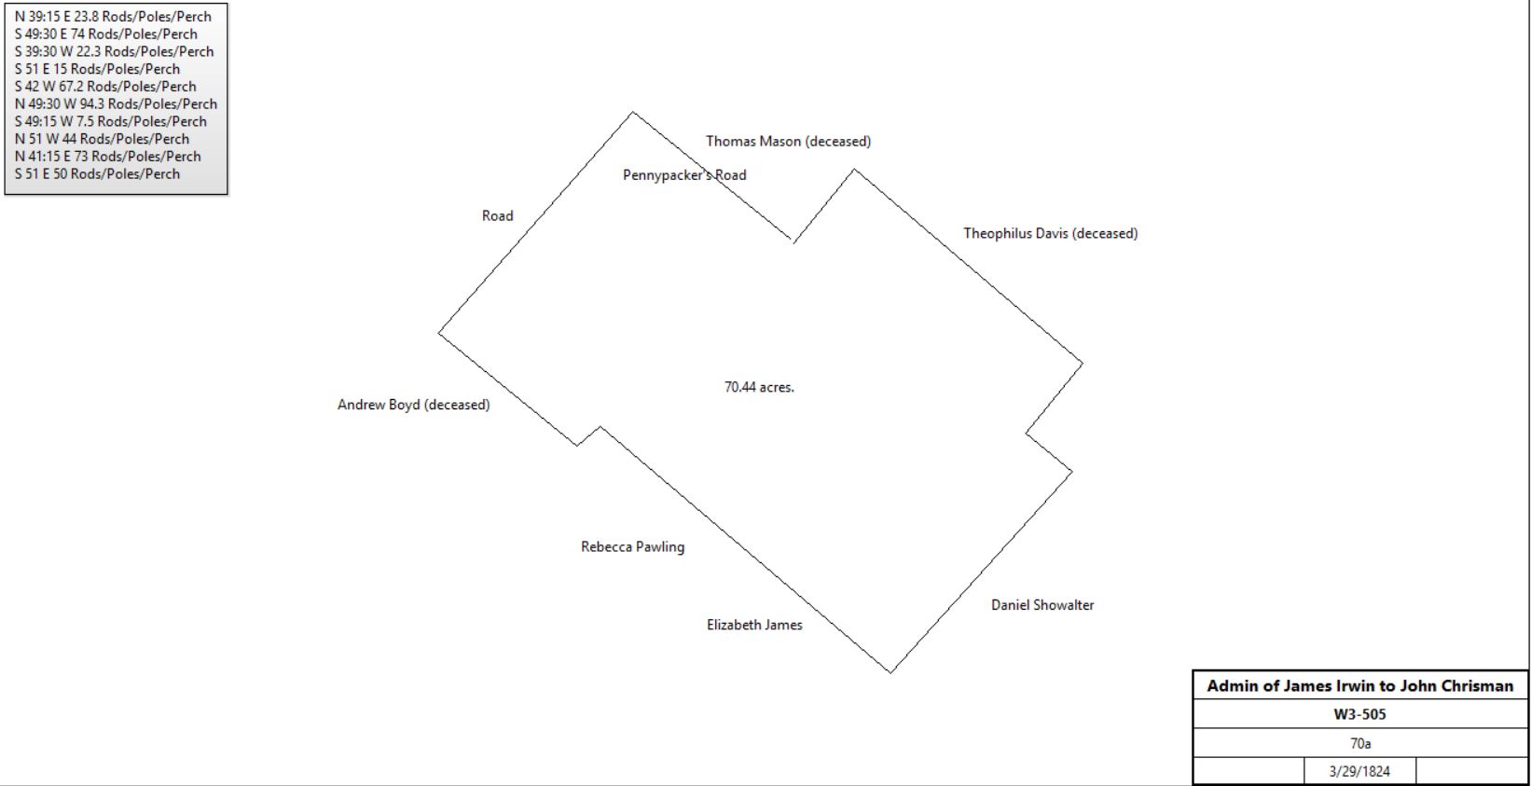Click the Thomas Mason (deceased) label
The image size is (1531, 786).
(x=788, y=142)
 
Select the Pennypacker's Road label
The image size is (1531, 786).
(x=684, y=175)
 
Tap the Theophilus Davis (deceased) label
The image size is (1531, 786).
(x=1051, y=233)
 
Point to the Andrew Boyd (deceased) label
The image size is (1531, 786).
(x=413, y=405)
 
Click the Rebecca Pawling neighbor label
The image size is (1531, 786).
(x=632, y=546)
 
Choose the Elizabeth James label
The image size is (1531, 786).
(x=754, y=625)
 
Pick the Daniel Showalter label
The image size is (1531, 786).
(x=1042, y=605)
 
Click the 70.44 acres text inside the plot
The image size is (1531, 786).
(x=759, y=387)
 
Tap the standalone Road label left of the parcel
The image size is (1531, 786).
(x=498, y=216)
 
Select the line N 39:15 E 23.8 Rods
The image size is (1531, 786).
(x=113, y=17)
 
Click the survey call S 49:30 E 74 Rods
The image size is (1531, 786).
(x=106, y=34)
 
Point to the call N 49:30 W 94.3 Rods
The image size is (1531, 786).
(x=116, y=103)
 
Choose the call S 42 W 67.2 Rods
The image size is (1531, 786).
(x=105, y=86)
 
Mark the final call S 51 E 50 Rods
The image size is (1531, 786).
(x=97, y=173)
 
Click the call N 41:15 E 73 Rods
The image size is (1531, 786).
(x=107, y=157)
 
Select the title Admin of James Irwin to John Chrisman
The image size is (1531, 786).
(x=1360, y=686)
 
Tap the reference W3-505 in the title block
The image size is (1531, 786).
(x=1360, y=715)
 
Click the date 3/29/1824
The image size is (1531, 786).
(x=1359, y=772)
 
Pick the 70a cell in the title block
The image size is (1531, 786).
(x=1360, y=743)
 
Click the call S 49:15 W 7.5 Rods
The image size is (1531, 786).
(x=110, y=121)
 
